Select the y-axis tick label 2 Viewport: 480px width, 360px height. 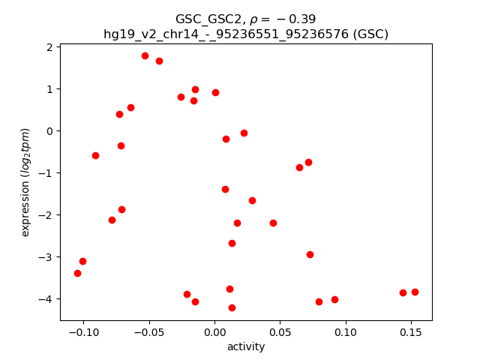tap(49, 47)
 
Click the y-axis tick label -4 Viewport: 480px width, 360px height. tap(46, 299)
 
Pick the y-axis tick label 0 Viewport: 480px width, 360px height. tap(49, 131)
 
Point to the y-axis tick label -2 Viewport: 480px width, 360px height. tap(46, 215)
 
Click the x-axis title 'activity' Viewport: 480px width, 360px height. tap(246, 346)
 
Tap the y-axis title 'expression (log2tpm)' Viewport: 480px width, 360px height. tap(25, 182)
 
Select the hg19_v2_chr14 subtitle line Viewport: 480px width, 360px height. tap(246, 34)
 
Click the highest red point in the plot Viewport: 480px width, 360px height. tap(145, 55)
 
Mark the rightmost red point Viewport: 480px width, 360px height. tap(415, 292)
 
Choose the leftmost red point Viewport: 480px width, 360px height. tap(77, 273)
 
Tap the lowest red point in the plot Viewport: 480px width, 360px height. tap(232, 307)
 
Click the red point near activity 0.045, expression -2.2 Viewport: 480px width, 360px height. tap(273, 223)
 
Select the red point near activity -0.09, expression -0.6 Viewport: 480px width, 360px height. tap(95, 155)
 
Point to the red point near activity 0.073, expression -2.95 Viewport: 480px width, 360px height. tap(310, 254)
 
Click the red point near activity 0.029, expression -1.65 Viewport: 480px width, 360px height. tap(252, 200)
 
